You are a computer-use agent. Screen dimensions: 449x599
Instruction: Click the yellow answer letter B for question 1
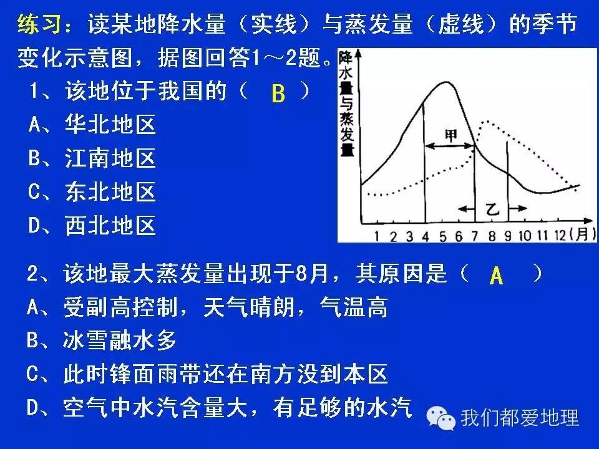278,94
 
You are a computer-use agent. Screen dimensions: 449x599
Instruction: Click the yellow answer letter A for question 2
496,276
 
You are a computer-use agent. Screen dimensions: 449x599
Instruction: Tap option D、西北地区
92,226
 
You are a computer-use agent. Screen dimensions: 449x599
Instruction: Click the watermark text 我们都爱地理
519,417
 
